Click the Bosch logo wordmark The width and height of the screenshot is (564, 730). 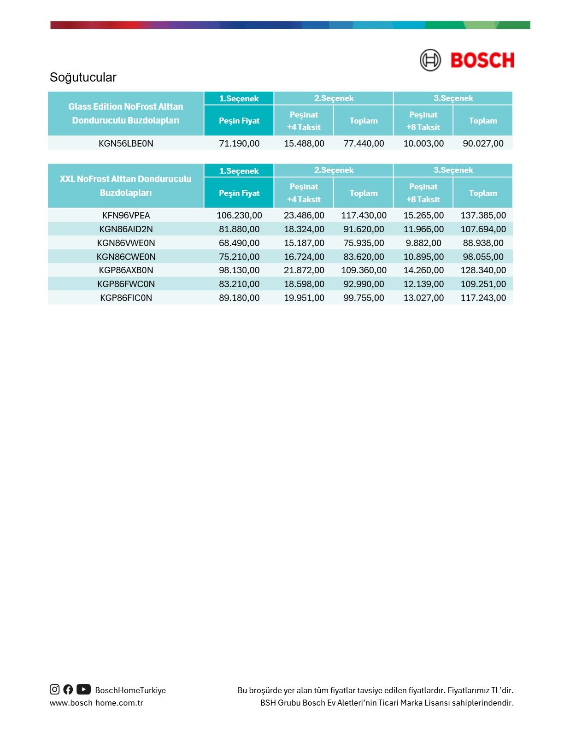tap(482, 60)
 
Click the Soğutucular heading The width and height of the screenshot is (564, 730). tap(83, 77)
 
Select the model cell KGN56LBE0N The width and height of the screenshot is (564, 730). tap(126, 143)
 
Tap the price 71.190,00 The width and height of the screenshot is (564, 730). tap(239, 143)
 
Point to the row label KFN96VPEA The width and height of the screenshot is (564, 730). tap(126, 215)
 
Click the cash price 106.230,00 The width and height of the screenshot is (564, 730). tap(239, 215)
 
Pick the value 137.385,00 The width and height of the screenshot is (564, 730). tap(483, 215)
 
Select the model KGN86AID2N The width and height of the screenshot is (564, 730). tap(126, 229)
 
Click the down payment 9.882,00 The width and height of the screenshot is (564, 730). tap(423, 243)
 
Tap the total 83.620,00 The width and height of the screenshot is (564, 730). tap(364, 257)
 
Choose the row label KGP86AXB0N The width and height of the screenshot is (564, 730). tap(126, 270)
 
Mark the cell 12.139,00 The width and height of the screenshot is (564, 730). tap(423, 284)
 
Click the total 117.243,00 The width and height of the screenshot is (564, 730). tap(483, 298)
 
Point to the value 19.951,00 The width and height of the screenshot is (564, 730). tap(304, 298)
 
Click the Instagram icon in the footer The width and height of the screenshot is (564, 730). tap(55, 689)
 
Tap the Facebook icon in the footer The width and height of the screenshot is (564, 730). tap(68, 689)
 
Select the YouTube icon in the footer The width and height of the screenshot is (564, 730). tap(83, 689)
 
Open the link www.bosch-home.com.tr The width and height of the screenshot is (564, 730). tap(96, 703)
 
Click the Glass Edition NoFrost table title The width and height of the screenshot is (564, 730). tap(126, 113)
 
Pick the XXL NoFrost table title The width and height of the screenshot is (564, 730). tap(126, 186)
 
